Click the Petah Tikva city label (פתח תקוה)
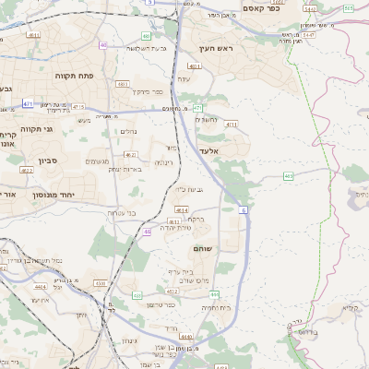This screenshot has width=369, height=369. pyautogui.click(x=76, y=75)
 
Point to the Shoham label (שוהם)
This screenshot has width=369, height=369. pyautogui.click(x=204, y=249)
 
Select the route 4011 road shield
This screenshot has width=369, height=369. pyautogui.click(x=231, y=124)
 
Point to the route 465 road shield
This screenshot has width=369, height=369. pyautogui.click(x=289, y=174)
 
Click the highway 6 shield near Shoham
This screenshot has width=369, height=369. pyautogui.click(x=244, y=211)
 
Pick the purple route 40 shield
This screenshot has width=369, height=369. pyautogui.click(x=103, y=44)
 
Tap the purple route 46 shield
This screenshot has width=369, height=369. pyautogui.click(x=148, y=232)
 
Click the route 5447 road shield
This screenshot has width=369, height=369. pyautogui.click(x=307, y=33)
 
